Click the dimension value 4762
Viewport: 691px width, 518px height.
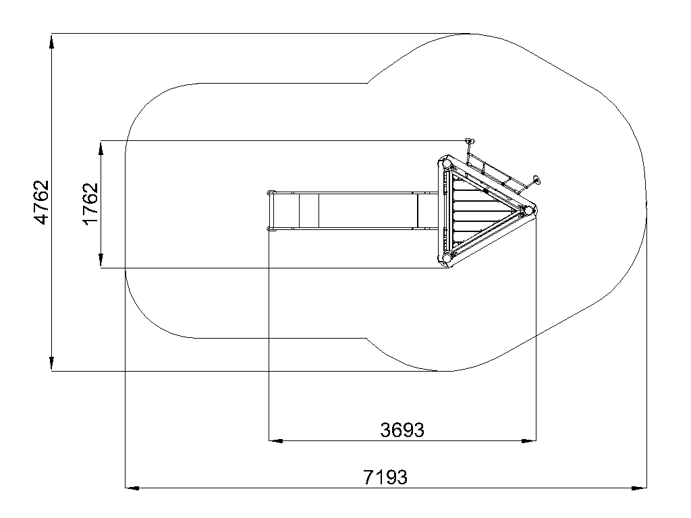click(x=41, y=202)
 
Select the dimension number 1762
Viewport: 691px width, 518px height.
click(x=90, y=204)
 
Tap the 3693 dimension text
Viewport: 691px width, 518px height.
click(x=402, y=430)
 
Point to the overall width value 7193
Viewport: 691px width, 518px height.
click(x=385, y=477)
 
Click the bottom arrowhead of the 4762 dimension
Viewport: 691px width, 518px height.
click(x=51, y=364)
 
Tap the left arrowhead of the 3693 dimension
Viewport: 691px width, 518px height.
click(x=276, y=440)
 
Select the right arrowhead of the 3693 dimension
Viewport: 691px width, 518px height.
click(x=529, y=440)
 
